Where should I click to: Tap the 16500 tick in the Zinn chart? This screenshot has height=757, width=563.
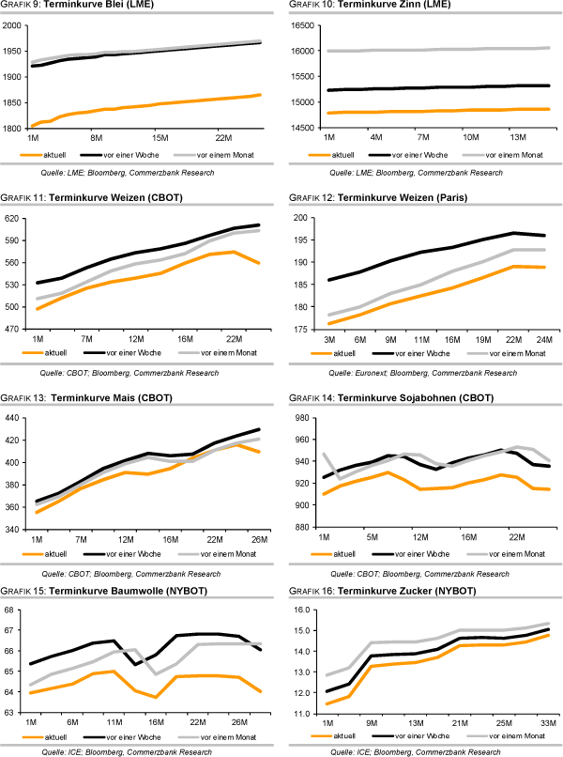pyautogui.click(x=307, y=25)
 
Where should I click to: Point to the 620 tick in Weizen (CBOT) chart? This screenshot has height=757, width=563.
pyautogui.click(x=18, y=218)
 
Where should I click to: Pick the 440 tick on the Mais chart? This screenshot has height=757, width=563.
pyautogui.click(x=18, y=418)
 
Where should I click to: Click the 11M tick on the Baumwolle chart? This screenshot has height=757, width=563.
pyautogui.click(x=114, y=722)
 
